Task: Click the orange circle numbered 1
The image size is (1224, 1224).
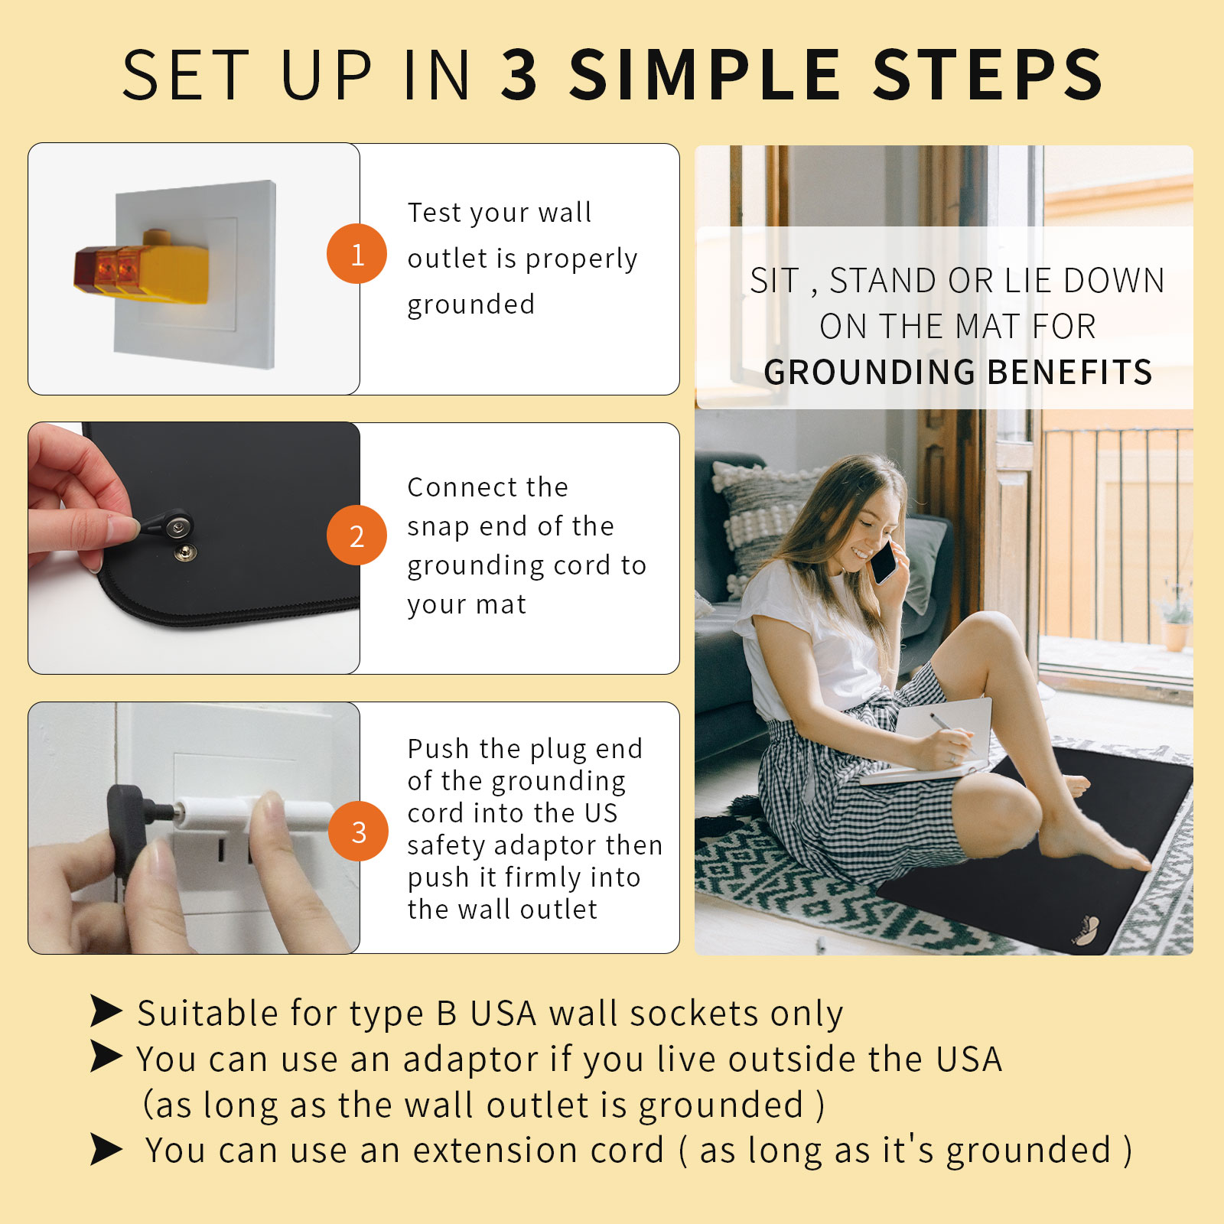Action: click(x=356, y=254)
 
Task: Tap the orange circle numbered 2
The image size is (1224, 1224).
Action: click(x=356, y=535)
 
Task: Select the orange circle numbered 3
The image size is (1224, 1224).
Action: click(x=358, y=832)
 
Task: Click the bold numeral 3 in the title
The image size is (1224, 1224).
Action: click(x=520, y=75)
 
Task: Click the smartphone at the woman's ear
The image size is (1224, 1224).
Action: click(x=884, y=562)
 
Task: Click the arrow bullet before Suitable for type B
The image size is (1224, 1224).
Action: click(x=106, y=1011)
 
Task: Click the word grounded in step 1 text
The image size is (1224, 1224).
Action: click(x=470, y=304)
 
